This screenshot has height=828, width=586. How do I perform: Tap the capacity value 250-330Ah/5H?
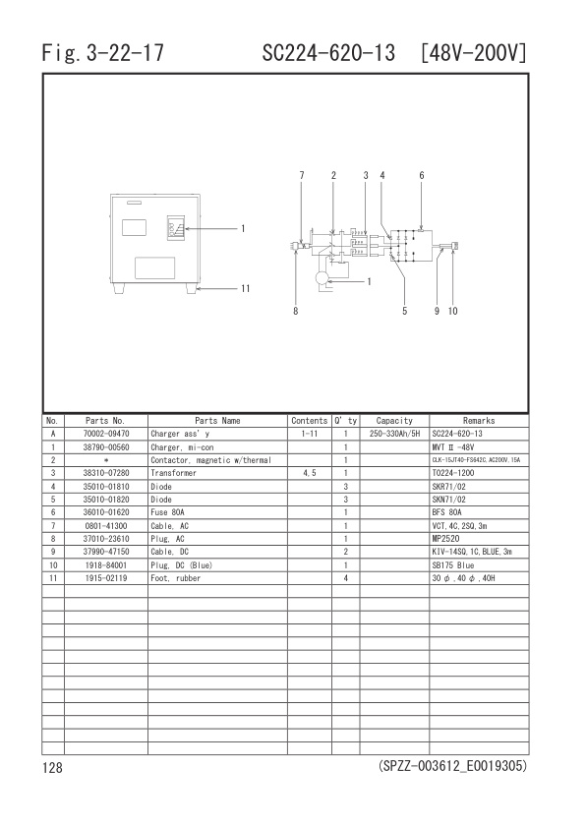point(394,434)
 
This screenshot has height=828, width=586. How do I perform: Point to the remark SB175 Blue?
point(453,564)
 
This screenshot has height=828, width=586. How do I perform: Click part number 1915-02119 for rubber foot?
point(105,577)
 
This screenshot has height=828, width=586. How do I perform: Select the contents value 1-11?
point(309,434)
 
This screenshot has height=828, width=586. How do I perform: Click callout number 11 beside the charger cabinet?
point(246,289)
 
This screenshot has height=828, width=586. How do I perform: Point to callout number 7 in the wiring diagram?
point(302,175)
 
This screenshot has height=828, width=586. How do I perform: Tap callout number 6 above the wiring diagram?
point(421,175)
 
